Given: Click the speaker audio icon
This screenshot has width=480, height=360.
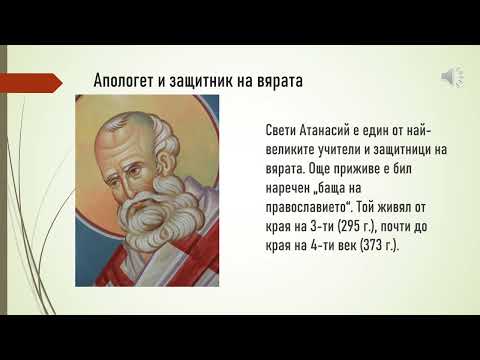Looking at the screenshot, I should [452, 77].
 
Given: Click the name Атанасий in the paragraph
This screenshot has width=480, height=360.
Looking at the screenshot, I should [335, 131].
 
